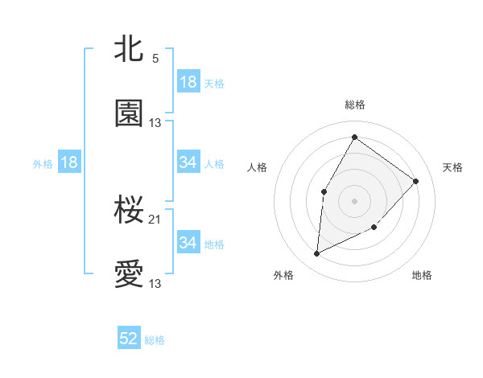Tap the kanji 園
coord(129,113)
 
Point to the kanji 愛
coord(129,274)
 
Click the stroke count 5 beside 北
coord(155,58)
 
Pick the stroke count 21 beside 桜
coord(155,219)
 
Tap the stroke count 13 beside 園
coord(155,122)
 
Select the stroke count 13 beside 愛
coord(155,283)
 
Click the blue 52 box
coord(129,339)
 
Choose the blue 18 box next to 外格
coord(69,162)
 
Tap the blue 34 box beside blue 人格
coord(188,162)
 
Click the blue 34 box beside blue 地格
coord(188,242)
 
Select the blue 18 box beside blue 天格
coord(188,82)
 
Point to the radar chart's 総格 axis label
coord(354,105)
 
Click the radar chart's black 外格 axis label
coord(283,275)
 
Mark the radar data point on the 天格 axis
coord(416,181)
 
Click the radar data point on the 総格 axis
coord(354,137)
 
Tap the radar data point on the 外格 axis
coord(317,253)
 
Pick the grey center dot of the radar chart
coord(354,200)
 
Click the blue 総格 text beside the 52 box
coord(155,340)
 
